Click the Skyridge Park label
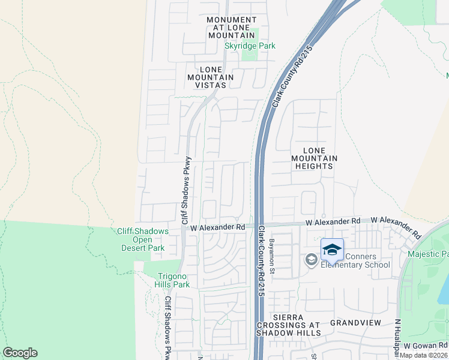point(250,46)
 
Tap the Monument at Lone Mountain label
point(231,28)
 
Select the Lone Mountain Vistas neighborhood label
point(210,77)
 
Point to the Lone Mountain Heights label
point(314,158)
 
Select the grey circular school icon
point(311,260)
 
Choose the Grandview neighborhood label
point(355,322)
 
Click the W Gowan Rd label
point(425,346)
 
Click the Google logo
point(20,353)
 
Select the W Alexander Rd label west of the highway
point(218,227)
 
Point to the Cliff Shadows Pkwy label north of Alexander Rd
point(187,191)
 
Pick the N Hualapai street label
point(397,340)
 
